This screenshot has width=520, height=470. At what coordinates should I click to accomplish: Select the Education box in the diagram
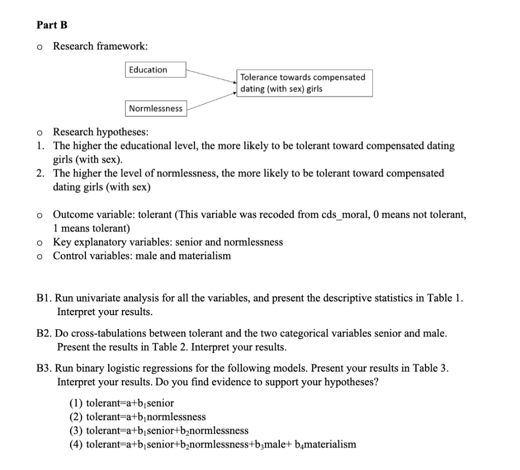(x=155, y=70)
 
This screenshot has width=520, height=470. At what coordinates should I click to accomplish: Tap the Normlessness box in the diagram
(x=155, y=108)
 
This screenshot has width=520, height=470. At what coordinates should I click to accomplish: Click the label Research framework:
(x=101, y=46)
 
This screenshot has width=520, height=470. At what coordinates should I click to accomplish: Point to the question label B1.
(x=44, y=298)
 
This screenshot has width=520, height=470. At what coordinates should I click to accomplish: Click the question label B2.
(x=44, y=334)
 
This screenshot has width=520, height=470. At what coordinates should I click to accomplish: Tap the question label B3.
(x=44, y=368)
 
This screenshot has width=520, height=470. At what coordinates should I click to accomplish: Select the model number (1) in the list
(x=76, y=404)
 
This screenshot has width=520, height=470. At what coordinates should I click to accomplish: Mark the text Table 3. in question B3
(x=431, y=368)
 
